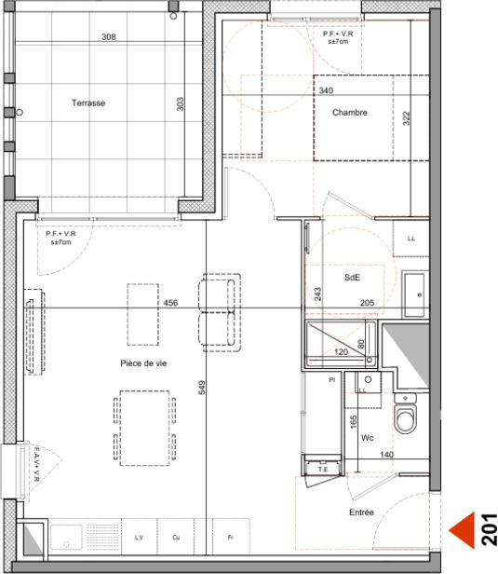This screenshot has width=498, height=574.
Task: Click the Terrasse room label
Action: pyautogui.click(x=88, y=103)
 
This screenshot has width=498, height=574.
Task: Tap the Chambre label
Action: pyautogui.click(x=350, y=113)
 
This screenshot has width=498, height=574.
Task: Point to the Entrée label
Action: pyautogui.click(x=361, y=512)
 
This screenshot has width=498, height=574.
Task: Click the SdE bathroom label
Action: pyautogui.click(x=352, y=278)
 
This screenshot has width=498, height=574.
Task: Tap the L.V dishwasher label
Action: pyautogui.click(x=139, y=538)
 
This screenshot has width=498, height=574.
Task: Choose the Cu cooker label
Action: pyautogui.click(x=175, y=538)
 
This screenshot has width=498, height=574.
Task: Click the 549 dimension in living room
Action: pyautogui.click(x=202, y=388)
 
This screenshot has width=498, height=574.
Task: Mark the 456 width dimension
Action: pyautogui.click(x=170, y=303)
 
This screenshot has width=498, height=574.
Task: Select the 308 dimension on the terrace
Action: pyautogui.click(x=108, y=37)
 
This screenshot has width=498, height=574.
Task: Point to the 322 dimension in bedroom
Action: pyautogui.click(x=406, y=117)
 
